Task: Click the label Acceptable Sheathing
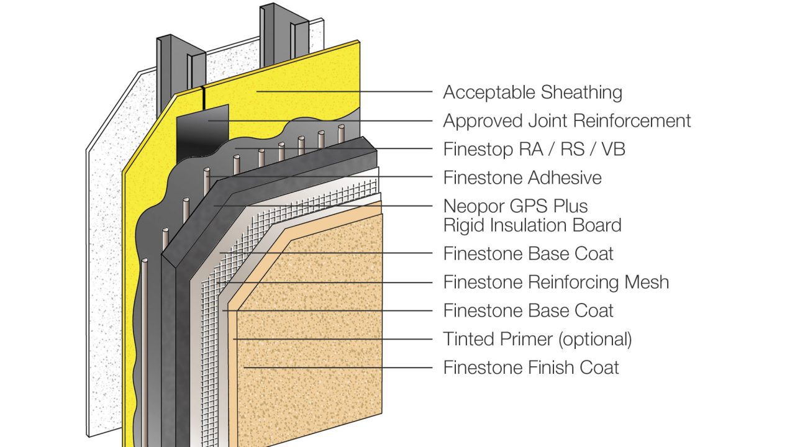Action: (532, 93)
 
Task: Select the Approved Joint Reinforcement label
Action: (566, 120)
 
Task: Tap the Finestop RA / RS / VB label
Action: (529, 149)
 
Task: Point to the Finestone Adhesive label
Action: (522, 178)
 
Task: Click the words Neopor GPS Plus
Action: (515, 206)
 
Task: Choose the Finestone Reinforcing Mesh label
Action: (556, 282)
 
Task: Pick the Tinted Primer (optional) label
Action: (537, 339)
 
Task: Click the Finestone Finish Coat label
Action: (530, 367)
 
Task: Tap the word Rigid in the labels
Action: (463, 225)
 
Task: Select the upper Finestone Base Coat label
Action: (528, 253)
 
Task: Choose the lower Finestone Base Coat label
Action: (528, 310)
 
